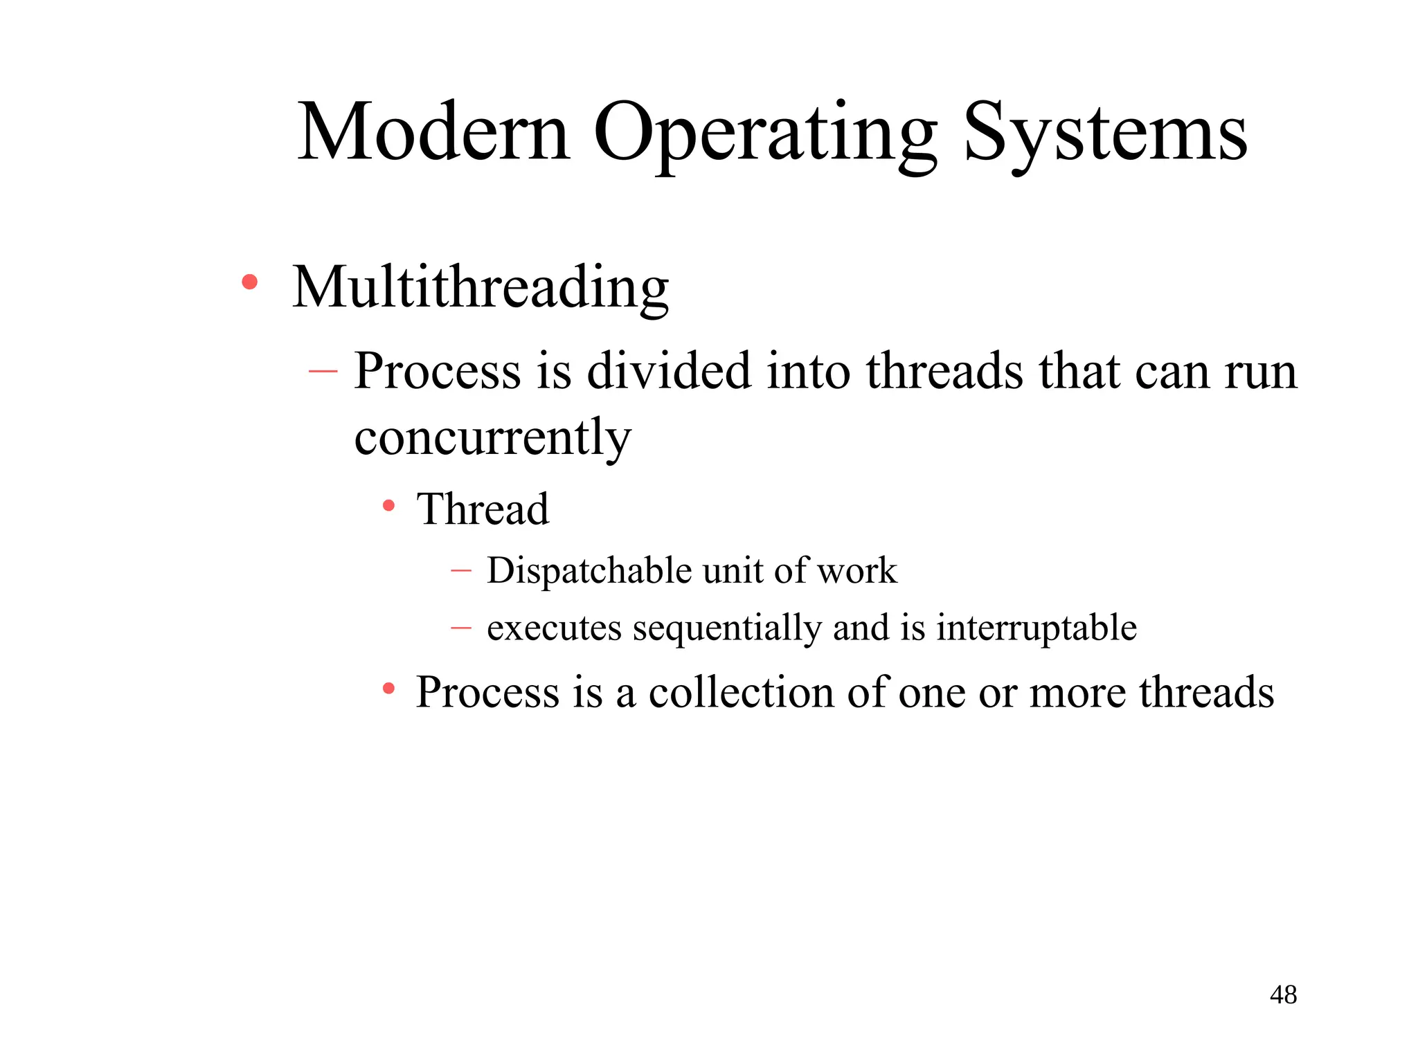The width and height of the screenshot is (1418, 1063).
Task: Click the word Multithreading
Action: click(x=481, y=287)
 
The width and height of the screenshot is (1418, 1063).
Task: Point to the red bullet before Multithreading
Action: click(x=250, y=282)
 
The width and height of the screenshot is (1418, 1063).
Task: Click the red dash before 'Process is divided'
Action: click(x=323, y=372)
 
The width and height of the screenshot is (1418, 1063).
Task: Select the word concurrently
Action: click(x=492, y=437)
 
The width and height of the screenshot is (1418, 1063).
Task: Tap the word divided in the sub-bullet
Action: click(x=670, y=372)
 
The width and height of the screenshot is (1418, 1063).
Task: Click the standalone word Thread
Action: click(x=483, y=509)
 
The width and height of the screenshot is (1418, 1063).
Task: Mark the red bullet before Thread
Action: click(x=389, y=506)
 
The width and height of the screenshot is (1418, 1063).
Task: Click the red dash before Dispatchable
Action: click(x=460, y=571)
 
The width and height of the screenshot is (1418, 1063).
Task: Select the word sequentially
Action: click(x=727, y=628)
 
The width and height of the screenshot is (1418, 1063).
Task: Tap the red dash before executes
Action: click(x=460, y=628)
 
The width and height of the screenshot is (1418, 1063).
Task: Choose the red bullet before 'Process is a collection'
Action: click(x=389, y=689)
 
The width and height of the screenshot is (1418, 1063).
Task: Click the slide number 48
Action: click(x=1283, y=995)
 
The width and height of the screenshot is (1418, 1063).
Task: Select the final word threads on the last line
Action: click(x=1206, y=692)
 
